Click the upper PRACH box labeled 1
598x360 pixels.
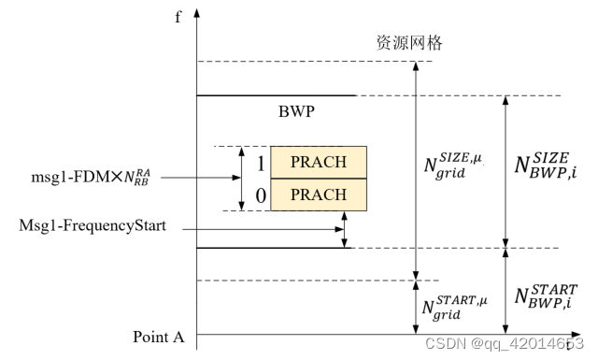point(319,163)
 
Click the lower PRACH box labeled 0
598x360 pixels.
point(319,194)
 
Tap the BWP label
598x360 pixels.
point(295,111)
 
